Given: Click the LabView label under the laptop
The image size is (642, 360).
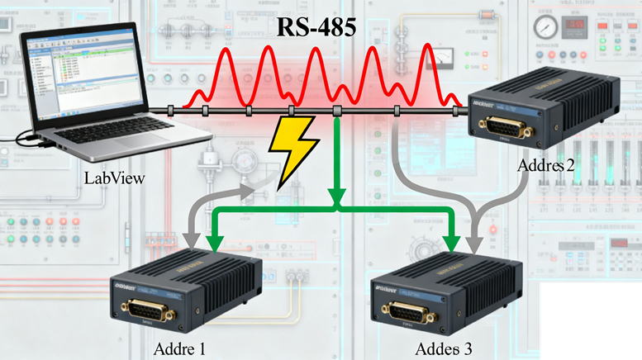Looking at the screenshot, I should click(x=115, y=178).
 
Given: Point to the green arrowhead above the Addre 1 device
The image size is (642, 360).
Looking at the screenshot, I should click(x=216, y=242).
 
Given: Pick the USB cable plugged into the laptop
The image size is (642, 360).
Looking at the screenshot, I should click(x=25, y=141).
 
